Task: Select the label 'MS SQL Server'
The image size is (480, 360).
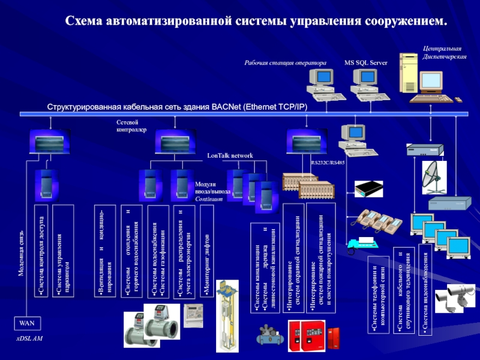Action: coord(365,62)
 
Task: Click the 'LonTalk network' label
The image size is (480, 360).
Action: coord(230,155)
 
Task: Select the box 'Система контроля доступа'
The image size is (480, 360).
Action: coord(41,251)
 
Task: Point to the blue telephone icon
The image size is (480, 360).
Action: coord(361,244)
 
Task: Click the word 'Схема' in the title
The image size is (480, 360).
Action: coord(84,21)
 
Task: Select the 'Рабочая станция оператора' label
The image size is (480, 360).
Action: coord(285,62)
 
